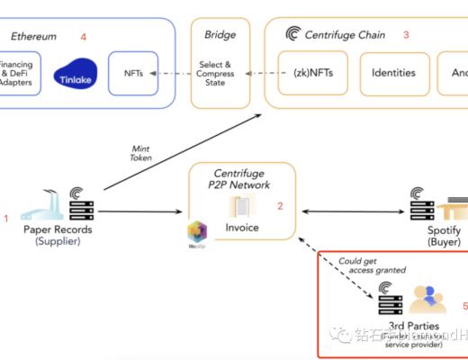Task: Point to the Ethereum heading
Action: (33, 37)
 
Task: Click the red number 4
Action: (83, 37)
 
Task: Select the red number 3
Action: (406, 36)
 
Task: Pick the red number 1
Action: (5, 218)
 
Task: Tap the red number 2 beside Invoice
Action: (280, 207)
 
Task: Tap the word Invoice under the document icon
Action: (242, 228)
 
